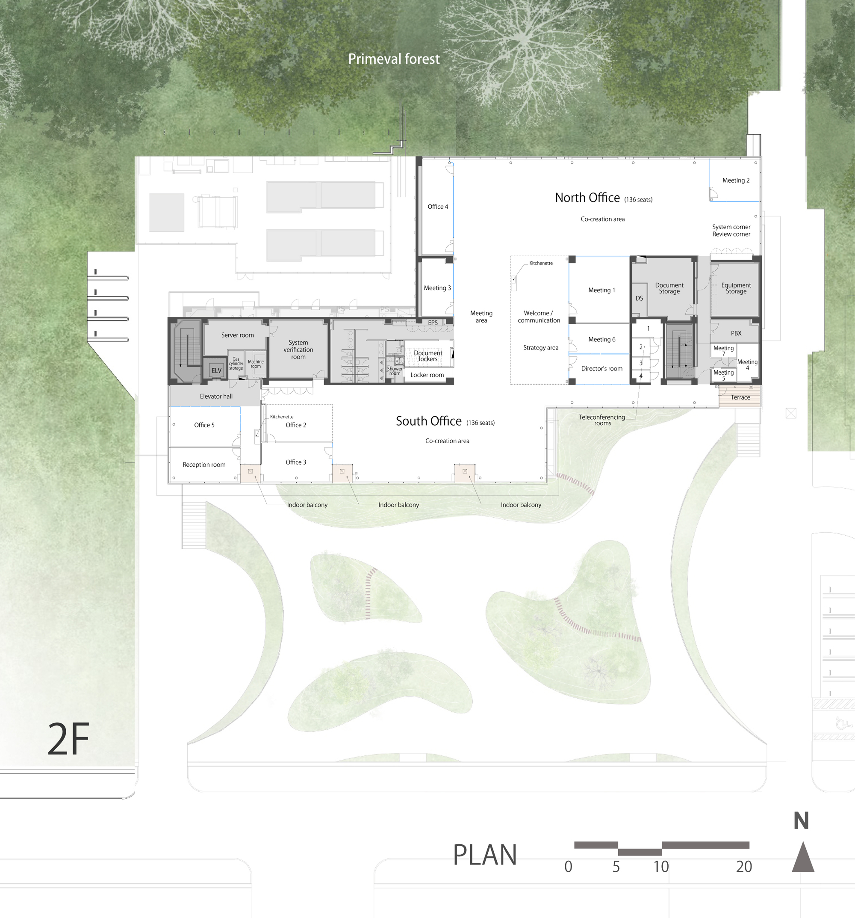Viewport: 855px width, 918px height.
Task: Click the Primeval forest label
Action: [x=394, y=59]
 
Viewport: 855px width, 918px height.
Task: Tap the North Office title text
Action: [x=587, y=198]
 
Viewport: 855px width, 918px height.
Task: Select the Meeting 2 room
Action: [x=735, y=180]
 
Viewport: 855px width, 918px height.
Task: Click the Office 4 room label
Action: [x=438, y=207]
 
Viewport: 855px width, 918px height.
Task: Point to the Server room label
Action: [x=237, y=335]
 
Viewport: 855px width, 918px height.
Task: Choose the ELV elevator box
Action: [x=216, y=370]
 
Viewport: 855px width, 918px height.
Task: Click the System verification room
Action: [x=298, y=349]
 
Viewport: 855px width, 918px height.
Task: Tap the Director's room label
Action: [x=601, y=368]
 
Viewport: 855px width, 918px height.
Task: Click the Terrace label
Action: [x=740, y=397]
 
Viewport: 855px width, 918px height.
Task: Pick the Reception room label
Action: [x=204, y=465]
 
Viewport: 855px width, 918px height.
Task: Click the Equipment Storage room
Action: [x=735, y=289]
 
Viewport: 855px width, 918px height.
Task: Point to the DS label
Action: [x=639, y=298]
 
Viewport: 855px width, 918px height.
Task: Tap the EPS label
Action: [x=433, y=323]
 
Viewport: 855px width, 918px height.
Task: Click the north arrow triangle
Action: [x=803, y=857]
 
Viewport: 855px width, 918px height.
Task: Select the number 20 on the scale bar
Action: [x=744, y=867]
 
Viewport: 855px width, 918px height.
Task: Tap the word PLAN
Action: [x=484, y=855]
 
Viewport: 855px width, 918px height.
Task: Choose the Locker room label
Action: [x=427, y=375]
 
